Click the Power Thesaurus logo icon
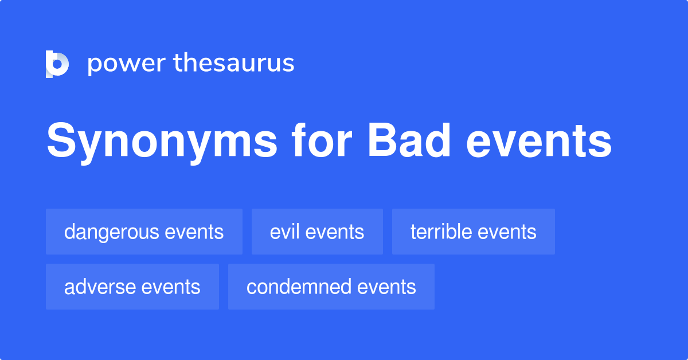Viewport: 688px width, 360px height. [57, 64]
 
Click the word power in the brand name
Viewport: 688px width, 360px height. [125, 64]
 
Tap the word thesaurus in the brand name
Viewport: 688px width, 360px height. [234, 64]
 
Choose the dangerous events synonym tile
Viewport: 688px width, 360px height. [144, 232]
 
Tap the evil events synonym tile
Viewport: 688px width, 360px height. [317, 232]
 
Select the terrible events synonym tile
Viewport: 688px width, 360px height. [474, 232]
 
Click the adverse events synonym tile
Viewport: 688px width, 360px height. [132, 287]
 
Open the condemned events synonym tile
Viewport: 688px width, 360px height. [331, 287]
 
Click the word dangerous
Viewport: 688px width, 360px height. [112, 232]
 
